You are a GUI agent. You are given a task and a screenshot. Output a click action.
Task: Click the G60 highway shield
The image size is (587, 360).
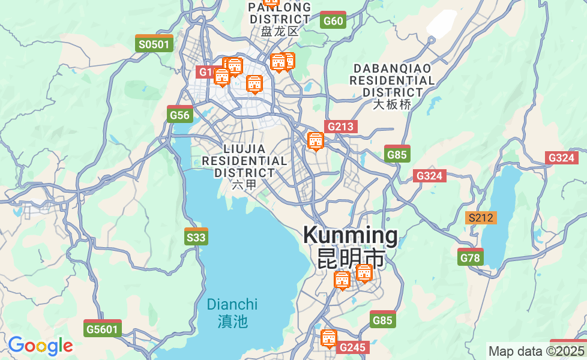pos(333,20)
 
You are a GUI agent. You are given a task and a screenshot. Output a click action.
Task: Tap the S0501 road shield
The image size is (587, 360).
pos(154,44)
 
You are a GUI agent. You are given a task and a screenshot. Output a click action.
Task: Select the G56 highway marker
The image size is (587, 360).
pos(179,115)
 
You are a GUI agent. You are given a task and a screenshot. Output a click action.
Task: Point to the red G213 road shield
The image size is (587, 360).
pos(341,127)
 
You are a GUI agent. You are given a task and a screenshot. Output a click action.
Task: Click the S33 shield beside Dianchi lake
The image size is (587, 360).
pos(196,237)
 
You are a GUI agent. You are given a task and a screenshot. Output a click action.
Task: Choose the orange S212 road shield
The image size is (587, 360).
pos(481,218)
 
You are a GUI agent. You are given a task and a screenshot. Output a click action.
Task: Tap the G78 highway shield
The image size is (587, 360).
pos(470,257)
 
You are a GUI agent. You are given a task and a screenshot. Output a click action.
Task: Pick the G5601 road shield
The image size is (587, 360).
pos(103,328)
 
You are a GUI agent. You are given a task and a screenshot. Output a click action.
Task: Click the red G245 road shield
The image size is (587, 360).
pos(352,347)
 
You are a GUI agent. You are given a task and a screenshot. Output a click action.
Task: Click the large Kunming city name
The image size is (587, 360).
pos(350,235)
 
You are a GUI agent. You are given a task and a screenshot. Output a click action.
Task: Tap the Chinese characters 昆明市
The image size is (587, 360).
pos(351,259)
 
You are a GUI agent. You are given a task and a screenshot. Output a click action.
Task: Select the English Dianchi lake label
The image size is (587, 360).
pos(232,305)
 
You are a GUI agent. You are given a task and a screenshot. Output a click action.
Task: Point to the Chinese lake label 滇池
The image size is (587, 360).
pos(232,322)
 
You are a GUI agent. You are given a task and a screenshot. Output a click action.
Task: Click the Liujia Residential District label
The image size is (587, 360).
pos(244,160)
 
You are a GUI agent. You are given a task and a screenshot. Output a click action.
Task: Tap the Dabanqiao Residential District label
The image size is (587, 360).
pos(393,80)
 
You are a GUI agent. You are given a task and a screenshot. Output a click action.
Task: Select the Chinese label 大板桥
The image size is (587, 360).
pos(393,104)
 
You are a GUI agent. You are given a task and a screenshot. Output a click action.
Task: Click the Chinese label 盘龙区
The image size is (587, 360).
pos(280,31)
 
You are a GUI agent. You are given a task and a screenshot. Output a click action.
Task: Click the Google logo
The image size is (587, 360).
pos(40,346)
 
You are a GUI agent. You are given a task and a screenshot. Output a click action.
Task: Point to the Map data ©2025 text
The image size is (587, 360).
pos(536,351)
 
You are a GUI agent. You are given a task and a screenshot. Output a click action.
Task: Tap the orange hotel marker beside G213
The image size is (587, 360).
pos(315,142)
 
